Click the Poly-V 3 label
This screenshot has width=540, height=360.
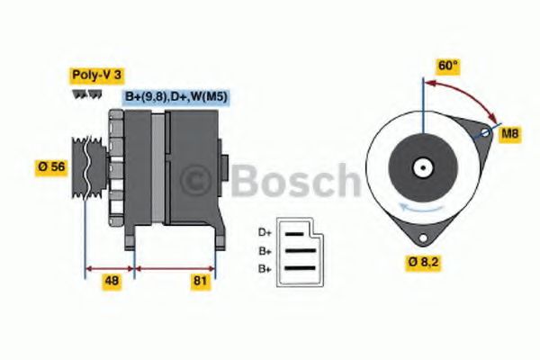[95, 75]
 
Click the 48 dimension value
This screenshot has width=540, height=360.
[112, 281]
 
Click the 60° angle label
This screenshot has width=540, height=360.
[448, 66]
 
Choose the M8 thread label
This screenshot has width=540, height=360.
[509, 133]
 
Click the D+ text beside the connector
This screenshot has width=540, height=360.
[265, 230]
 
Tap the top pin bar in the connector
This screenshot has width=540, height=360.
[300, 231]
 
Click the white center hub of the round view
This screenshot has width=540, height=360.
[421, 167]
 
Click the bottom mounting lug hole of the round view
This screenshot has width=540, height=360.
[420, 238]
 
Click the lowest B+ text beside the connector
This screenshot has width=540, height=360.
[265, 268]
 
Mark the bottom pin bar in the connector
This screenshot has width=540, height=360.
[300, 267]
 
